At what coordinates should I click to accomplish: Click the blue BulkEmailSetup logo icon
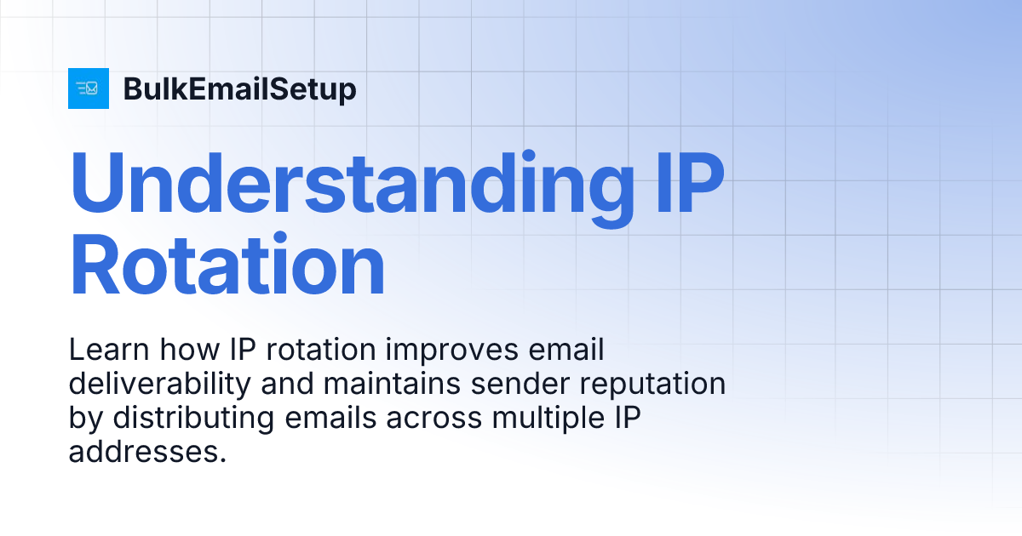pos(89,88)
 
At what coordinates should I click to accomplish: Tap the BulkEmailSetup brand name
pos(240,89)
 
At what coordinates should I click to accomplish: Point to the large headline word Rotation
pos(227,266)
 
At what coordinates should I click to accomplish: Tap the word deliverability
pos(158,385)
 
